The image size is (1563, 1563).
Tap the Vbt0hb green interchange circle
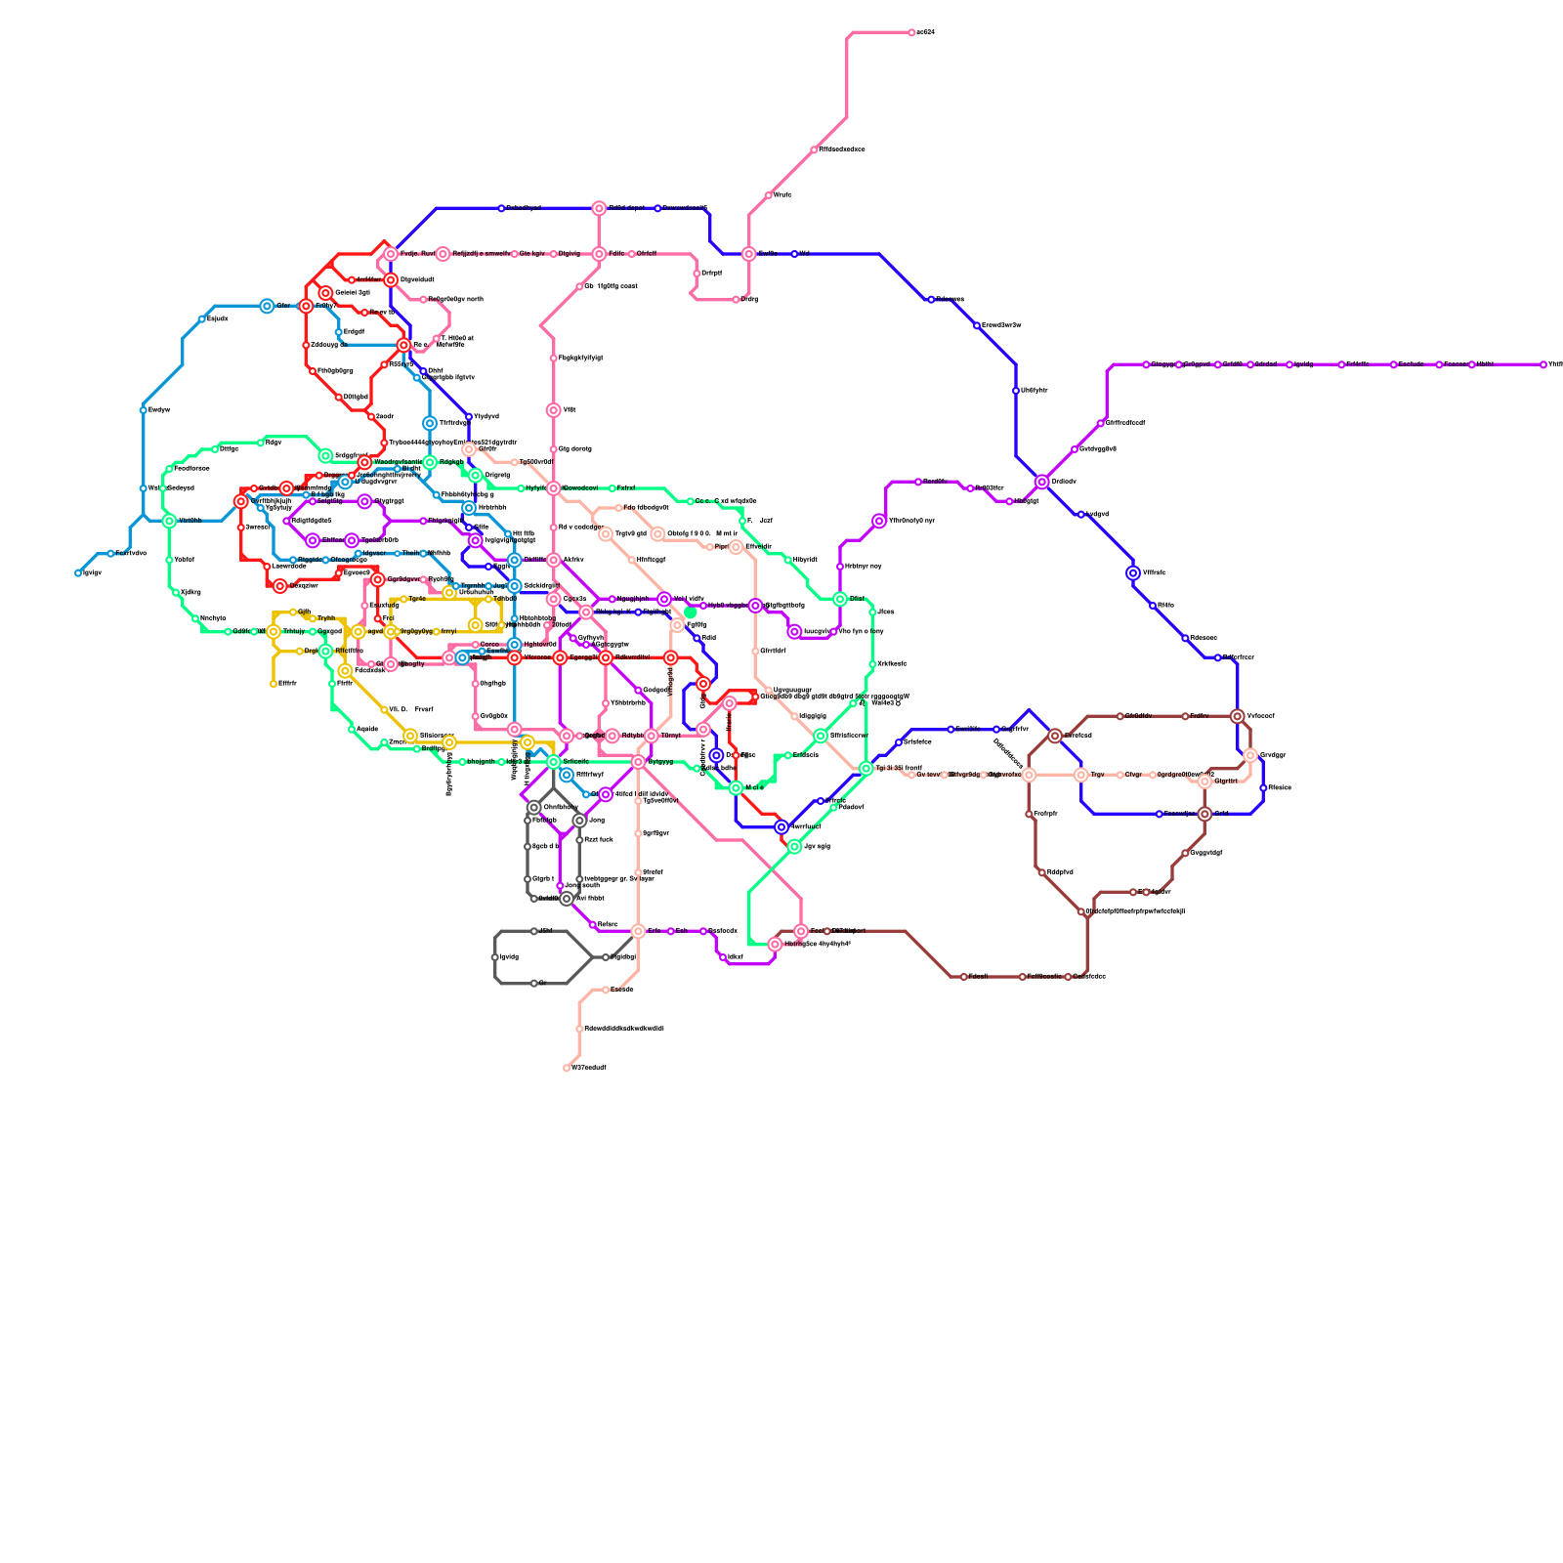tap(169, 521)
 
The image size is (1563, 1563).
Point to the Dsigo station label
tap(229, 449)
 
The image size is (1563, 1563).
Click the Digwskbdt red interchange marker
tap(391, 280)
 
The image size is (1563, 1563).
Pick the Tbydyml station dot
tap(469, 417)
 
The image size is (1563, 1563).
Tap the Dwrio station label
tap(783, 195)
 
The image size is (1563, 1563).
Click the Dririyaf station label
tap(711, 274)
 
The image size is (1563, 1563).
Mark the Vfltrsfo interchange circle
tap(1133, 573)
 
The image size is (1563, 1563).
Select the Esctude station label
tap(1410, 365)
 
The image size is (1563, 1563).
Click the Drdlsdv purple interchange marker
tap(1042, 482)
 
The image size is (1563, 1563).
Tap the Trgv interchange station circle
tap(1081, 775)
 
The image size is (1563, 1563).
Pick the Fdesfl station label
tap(978, 977)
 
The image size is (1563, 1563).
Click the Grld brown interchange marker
tap(1204, 814)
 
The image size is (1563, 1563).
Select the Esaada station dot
tap(606, 990)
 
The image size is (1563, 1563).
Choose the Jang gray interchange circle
tap(579, 821)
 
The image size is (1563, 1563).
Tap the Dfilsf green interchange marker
tap(840, 599)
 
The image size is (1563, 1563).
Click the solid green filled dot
tap(691, 613)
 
